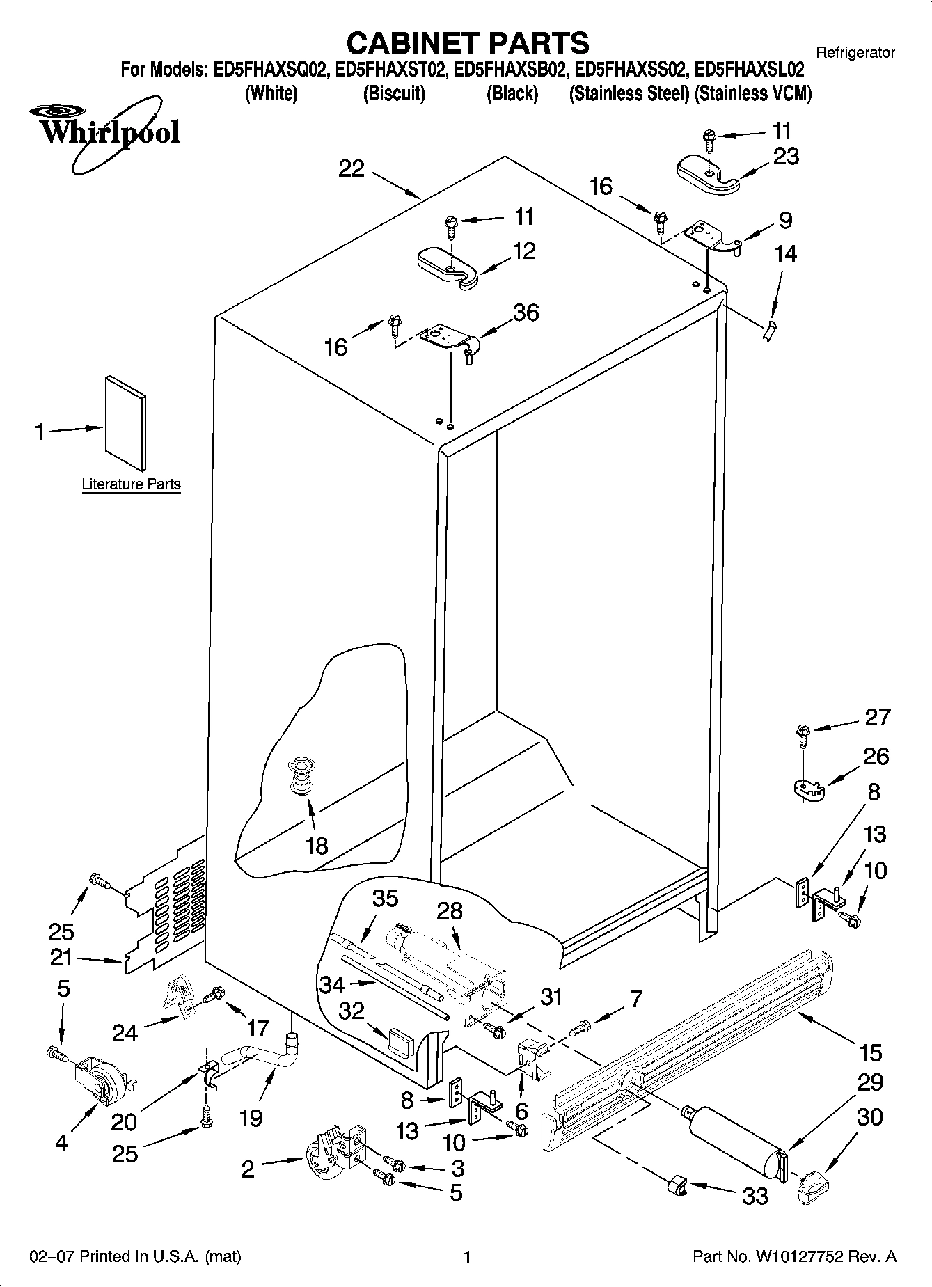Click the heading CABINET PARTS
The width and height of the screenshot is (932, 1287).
467,43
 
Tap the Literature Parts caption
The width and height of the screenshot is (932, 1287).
131,484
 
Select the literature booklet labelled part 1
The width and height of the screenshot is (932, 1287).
126,423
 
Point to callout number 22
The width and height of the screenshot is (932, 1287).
352,168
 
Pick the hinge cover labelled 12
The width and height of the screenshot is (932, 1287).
447,268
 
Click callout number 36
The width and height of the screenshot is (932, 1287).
526,313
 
